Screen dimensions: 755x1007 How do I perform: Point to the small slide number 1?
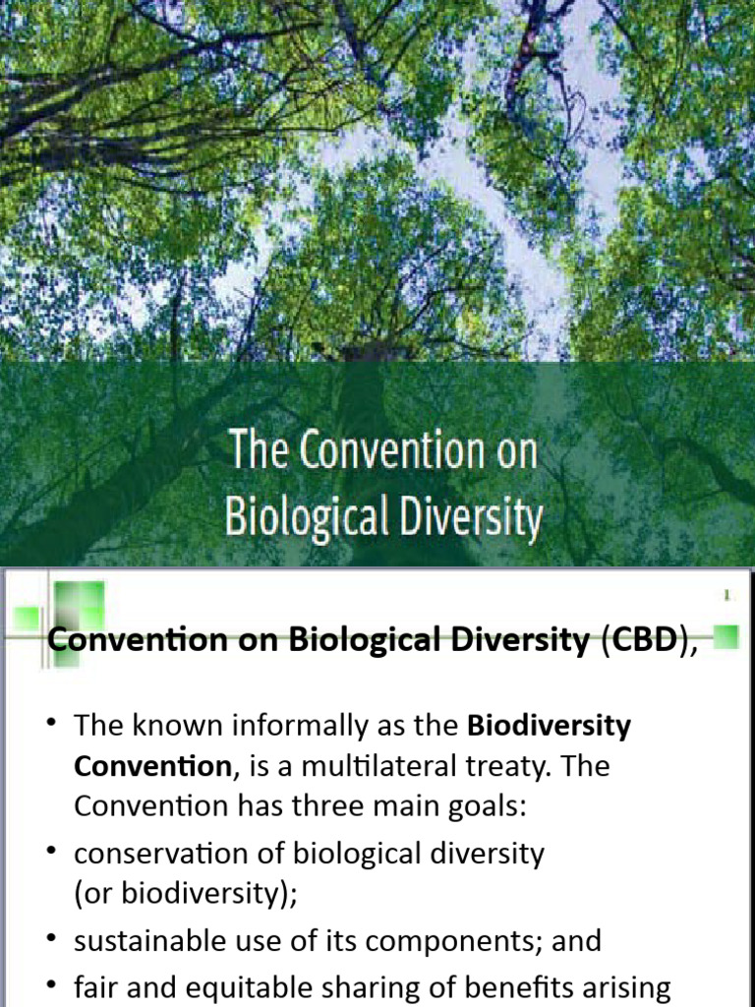(x=726, y=596)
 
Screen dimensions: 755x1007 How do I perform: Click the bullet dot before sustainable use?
(x=51, y=940)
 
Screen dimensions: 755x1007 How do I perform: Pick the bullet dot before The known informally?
(x=51, y=726)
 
